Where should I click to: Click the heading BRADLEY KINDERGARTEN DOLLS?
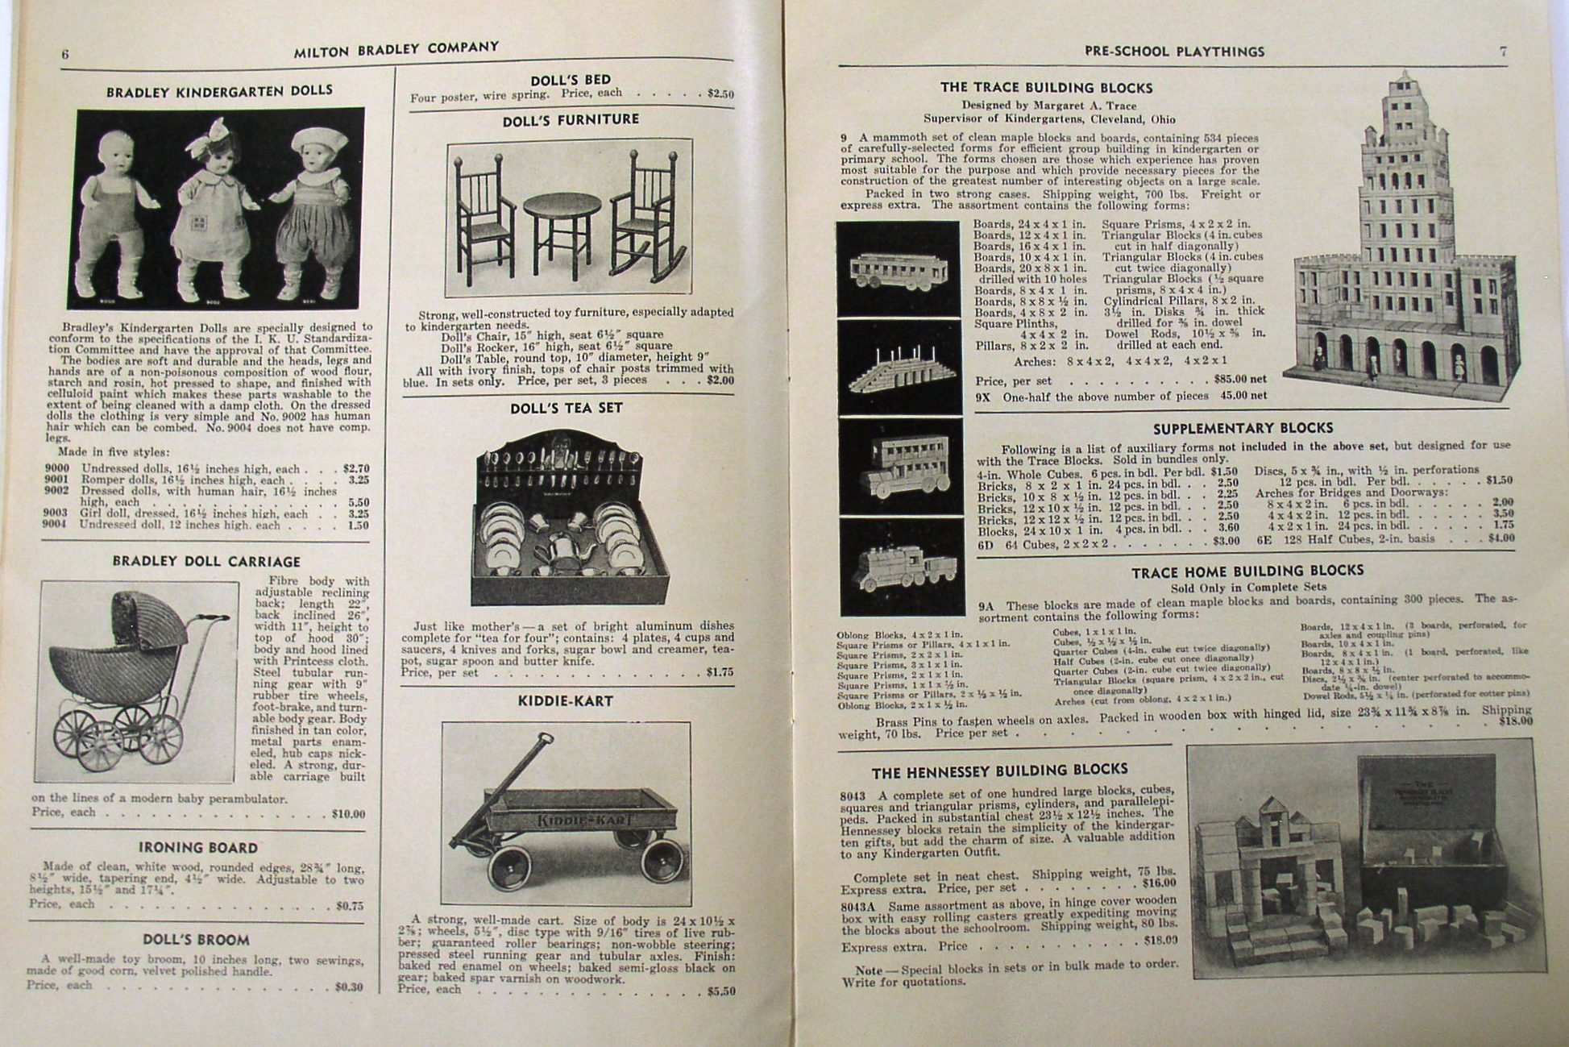click(219, 91)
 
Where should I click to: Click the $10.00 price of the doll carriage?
click(348, 814)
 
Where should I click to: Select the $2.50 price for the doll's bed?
click(720, 93)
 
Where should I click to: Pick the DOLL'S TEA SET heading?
click(566, 408)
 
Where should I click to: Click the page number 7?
click(1502, 51)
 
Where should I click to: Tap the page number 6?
click(65, 54)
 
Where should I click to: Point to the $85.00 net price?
click(1239, 379)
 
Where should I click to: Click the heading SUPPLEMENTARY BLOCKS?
click(1243, 428)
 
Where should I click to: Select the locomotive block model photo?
click(900, 564)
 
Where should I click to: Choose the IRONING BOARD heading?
click(198, 847)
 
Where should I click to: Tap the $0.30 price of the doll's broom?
click(349, 987)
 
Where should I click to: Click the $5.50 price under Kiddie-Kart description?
click(720, 991)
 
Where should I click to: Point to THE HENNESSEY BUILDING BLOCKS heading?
click(999, 771)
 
